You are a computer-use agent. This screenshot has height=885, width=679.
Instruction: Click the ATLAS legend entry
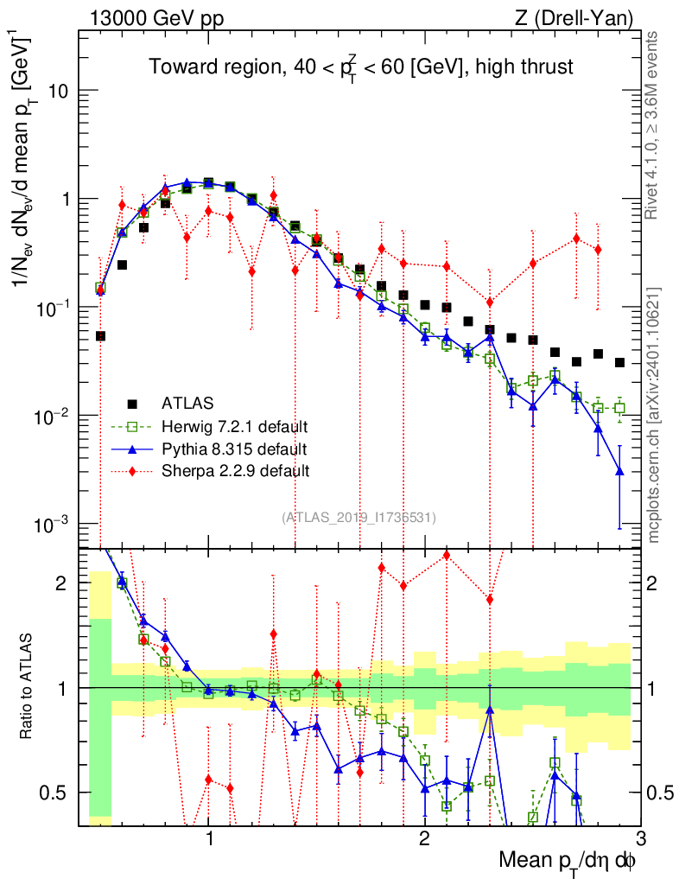pyautogui.click(x=187, y=403)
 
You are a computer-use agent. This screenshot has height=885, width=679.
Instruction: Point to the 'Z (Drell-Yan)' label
pyautogui.click(x=581, y=17)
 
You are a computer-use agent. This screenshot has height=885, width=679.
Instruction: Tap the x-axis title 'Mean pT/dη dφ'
pyautogui.click(x=568, y=861)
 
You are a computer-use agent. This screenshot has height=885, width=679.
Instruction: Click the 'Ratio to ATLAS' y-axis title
pyautogui.click(x=28, y=687)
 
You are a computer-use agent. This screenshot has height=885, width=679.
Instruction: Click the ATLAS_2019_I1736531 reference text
pyautogui.click(x=359, y=518)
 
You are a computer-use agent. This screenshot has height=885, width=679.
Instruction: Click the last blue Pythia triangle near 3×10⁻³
pyautogui.click(x=619, y=471)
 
